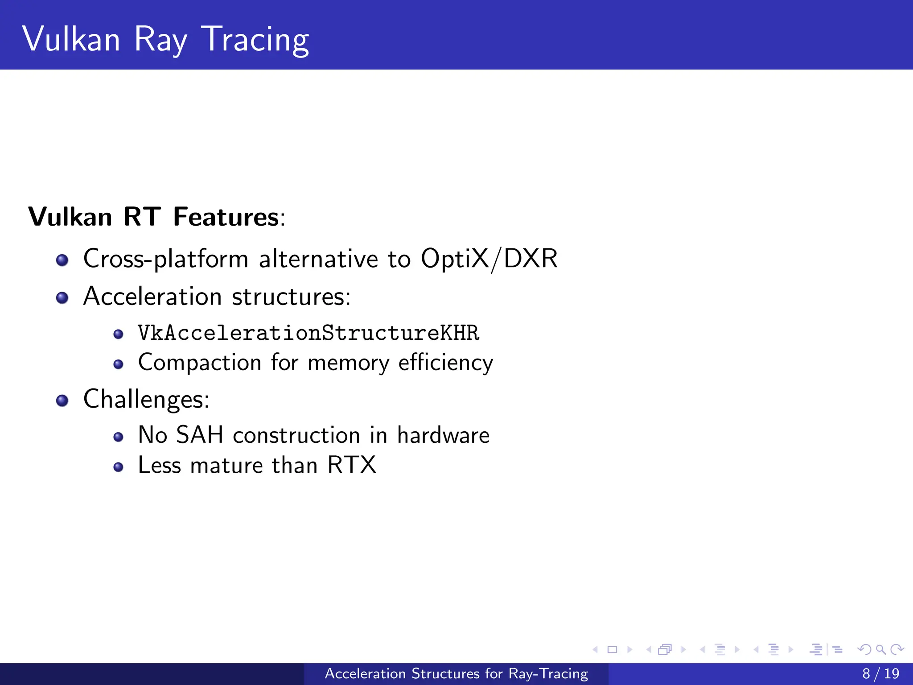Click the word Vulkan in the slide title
[x=71, y=39]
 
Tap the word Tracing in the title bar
[x=255, y=40]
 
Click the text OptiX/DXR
[x=489, y=259]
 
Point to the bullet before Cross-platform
[x=62, y=260]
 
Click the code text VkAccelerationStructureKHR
[x=308, y=333]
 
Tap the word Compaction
[x=199, y=363]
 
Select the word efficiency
[x=445, y=363]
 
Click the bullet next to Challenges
[x=62, y=400]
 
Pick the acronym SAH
[x=199, y=435]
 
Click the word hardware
[x=443, y=435]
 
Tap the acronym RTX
[x=352, y=465]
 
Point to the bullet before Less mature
[x=118, y=467]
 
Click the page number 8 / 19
[x=880, y=673]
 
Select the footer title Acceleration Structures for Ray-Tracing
[x=456, y=673]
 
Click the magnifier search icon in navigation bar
[x=880, y=649]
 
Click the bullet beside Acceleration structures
[x=62, y=298]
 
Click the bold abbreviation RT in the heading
[x=142, y=217]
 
